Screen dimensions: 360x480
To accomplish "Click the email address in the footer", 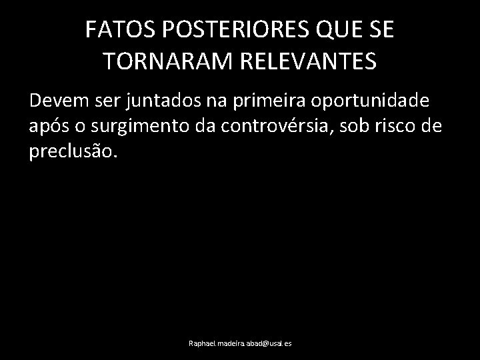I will click(x=240, y=343).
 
